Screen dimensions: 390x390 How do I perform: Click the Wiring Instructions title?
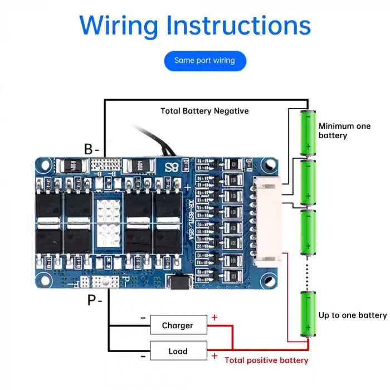[x=195, y=26]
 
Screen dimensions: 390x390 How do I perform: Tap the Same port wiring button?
[x=204, y=60]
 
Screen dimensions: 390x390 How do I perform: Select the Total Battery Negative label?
[x=204, y=111]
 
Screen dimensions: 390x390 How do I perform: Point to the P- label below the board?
[x=95, y=300]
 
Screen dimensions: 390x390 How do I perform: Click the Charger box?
[x=178, y=325]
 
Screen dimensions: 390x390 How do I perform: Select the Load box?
[x=178, y=352]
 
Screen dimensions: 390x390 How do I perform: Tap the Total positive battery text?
[x=266, y=360]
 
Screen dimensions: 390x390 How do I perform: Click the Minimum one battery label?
[x=344, y=131]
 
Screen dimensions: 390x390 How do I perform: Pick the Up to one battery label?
[x=352, y=315]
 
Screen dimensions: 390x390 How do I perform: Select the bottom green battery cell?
[x=308, y=314]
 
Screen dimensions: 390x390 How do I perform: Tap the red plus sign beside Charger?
[x=214, y=318]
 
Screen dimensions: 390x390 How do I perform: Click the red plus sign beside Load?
[x=214, y=355]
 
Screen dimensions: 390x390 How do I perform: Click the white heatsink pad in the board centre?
[x=109, y=221]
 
